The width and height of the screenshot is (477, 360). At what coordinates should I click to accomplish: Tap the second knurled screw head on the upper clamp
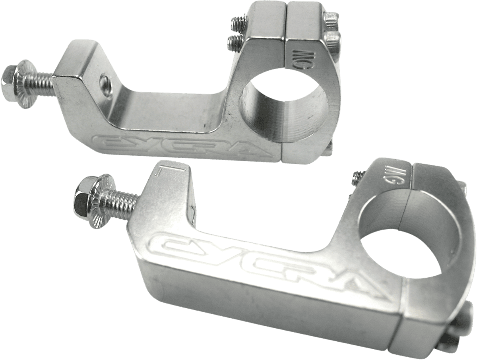click(x=334, y=39)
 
